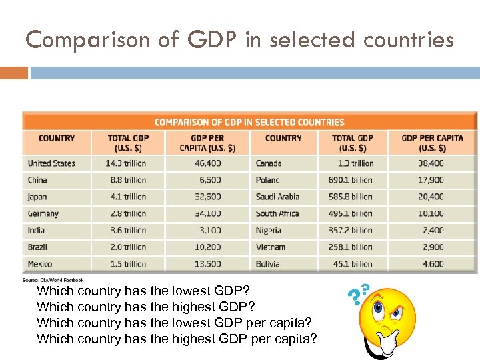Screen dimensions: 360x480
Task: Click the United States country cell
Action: point(51,163)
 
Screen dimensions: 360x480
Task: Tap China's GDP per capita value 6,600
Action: point(209,180)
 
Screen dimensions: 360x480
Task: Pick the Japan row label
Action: point(37,197)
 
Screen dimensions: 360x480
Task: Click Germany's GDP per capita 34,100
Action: point(207,213)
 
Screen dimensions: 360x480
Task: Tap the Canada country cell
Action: point(269,163)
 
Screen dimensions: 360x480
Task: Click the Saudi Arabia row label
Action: point(277,197)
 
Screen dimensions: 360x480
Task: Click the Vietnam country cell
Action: point(271,247)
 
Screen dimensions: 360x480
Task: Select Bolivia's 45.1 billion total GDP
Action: point(353,264)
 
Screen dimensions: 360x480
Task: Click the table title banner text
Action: point(249,122)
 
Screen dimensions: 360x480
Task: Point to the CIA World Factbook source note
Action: point(53,280)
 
